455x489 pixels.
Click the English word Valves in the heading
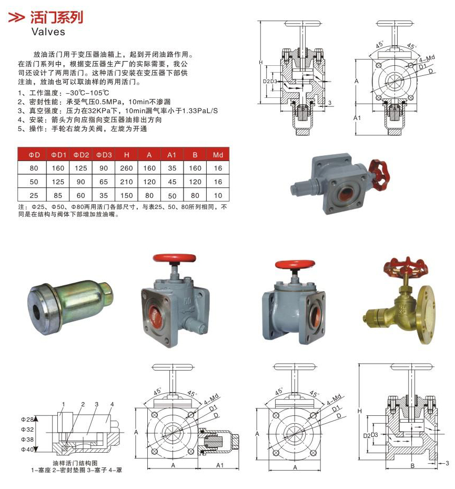tap(48, 32)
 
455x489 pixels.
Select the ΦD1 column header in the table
tap(58, 155)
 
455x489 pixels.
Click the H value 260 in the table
tap(127, 168)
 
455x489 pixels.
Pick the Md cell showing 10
tap(218, 195)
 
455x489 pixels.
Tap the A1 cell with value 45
tap(172, 182)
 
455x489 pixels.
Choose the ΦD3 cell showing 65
tap(104, 182)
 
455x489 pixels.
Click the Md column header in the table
tap(218, 155)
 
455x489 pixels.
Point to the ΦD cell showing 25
tap(34, 195)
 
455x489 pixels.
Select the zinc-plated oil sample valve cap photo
tap(70, 304)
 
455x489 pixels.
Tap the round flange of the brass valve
tap(426, 314)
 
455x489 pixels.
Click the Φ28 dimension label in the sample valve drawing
tap(27, 420)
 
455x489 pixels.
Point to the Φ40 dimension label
tap(27, 450)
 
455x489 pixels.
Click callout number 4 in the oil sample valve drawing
tap(112, 404)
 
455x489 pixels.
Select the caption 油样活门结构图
tap(75, 463)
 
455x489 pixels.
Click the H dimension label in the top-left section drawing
tap(261, 62)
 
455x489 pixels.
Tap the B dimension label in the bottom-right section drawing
tap(412, 466)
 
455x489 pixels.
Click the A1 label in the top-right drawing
tap(357, 118)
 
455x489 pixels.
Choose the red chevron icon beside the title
tap(16, 17)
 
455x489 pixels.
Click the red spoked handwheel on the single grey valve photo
tap(379, 175)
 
